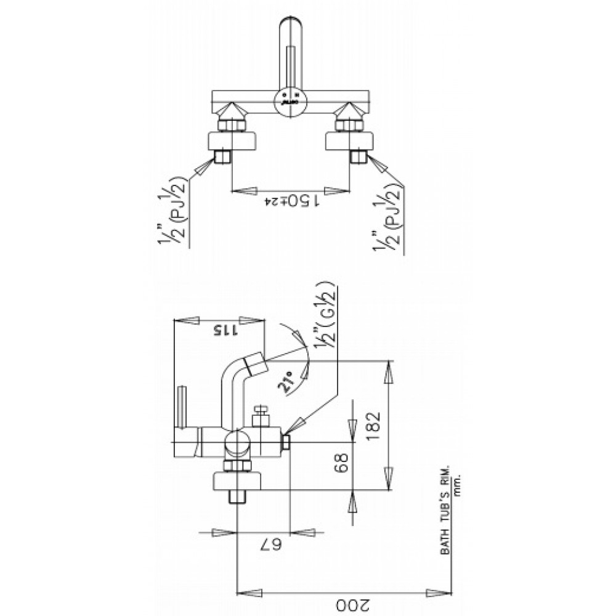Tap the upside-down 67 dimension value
[x=264, y=545]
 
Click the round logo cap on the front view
[x=290, y=99]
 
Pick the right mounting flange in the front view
[x=349, y=140]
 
